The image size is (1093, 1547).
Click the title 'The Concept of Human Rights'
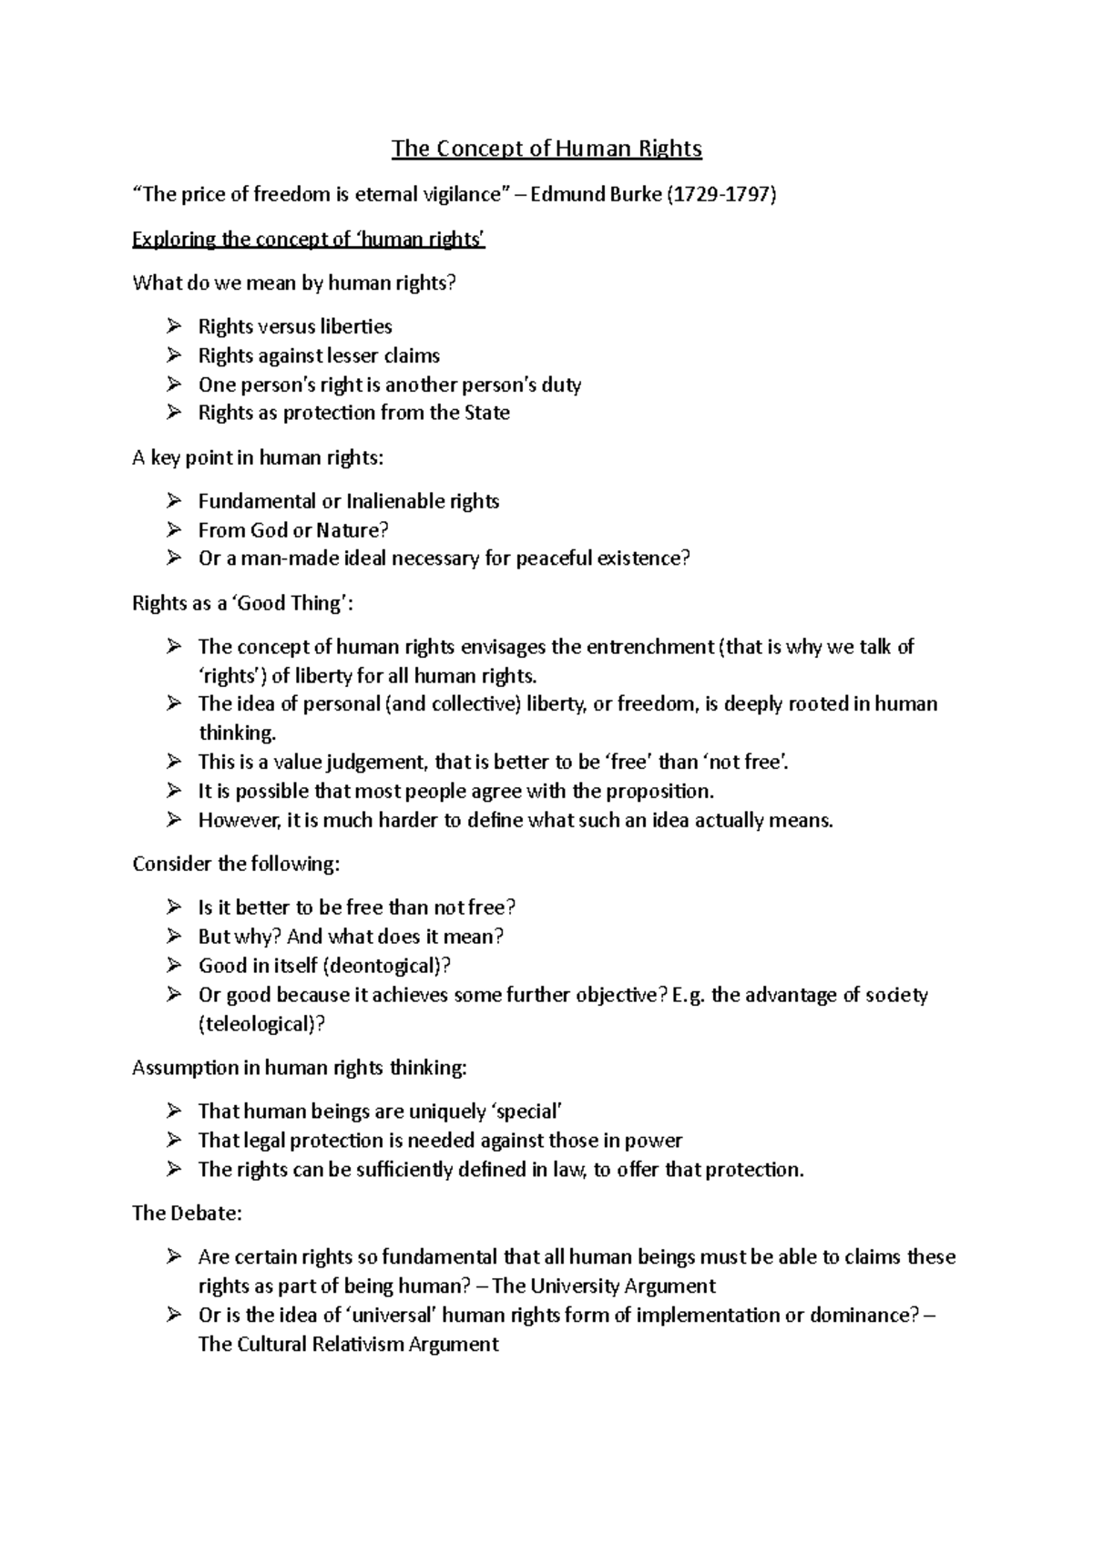(546, 149)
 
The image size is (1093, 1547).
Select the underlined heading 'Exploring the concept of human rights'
(309, 240)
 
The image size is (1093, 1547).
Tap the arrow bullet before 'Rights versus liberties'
(174, 326)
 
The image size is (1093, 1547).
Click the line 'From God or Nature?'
(293, 530)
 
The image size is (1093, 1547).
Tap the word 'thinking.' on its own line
(237, 733)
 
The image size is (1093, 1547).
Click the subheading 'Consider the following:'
(236, 864)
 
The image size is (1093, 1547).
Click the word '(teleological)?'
(261, 1024)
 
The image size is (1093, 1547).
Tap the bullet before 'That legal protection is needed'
(174, 1141)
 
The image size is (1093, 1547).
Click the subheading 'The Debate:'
(187, 1214)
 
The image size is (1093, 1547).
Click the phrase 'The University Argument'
(604, 1286)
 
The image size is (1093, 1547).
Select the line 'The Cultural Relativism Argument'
(348, 1345)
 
